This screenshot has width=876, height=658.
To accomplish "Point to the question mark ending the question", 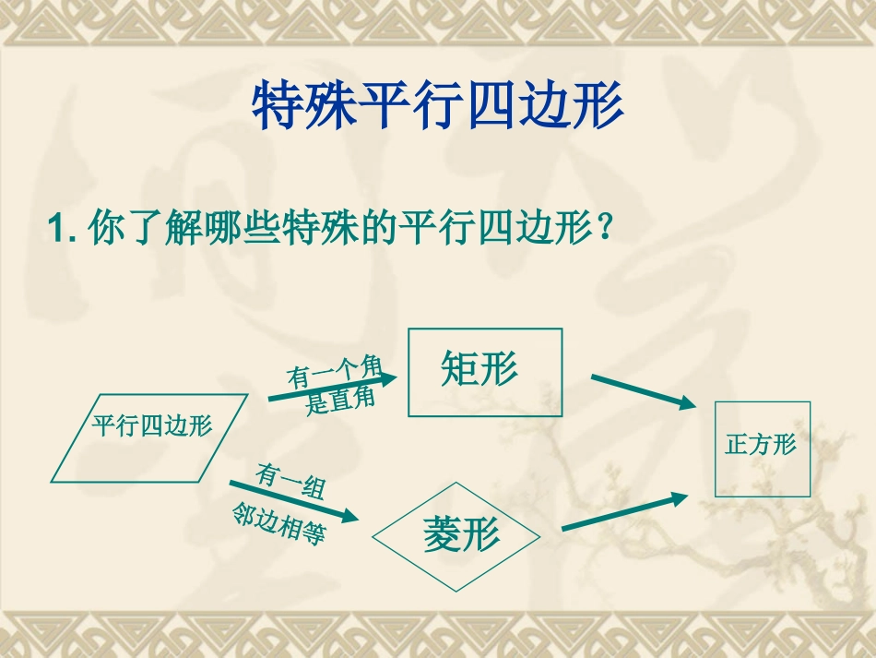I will [x=604, y=227].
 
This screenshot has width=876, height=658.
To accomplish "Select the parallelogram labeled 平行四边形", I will [x=150, y=437].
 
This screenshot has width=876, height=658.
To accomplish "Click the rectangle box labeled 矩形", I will [x=484, y=371].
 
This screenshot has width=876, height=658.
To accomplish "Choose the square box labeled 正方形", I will [x=762, y=449].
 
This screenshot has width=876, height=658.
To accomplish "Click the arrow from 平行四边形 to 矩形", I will [x=332, y=388].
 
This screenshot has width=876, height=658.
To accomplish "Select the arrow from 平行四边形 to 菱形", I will [x=295, y=499].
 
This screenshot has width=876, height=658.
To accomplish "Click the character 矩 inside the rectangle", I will [x=458, y=369].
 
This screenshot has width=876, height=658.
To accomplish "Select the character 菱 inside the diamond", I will [x=442, y=535].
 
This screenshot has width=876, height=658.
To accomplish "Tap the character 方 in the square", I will [x=761, y=445].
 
